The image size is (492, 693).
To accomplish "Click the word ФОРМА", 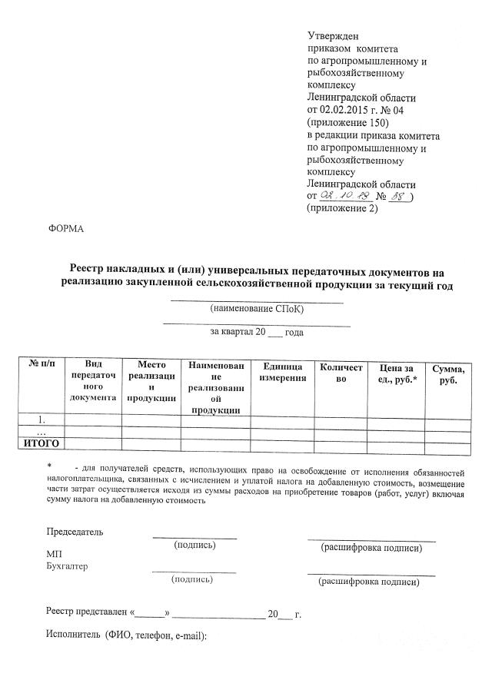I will (65, 229).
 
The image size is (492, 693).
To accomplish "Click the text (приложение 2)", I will (342, 209).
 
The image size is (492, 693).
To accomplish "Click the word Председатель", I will (74, 532).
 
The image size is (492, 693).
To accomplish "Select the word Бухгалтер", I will (68, 567).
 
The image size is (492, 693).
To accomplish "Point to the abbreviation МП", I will (55, 554).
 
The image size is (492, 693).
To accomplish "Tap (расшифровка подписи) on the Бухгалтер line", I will (369, 582).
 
